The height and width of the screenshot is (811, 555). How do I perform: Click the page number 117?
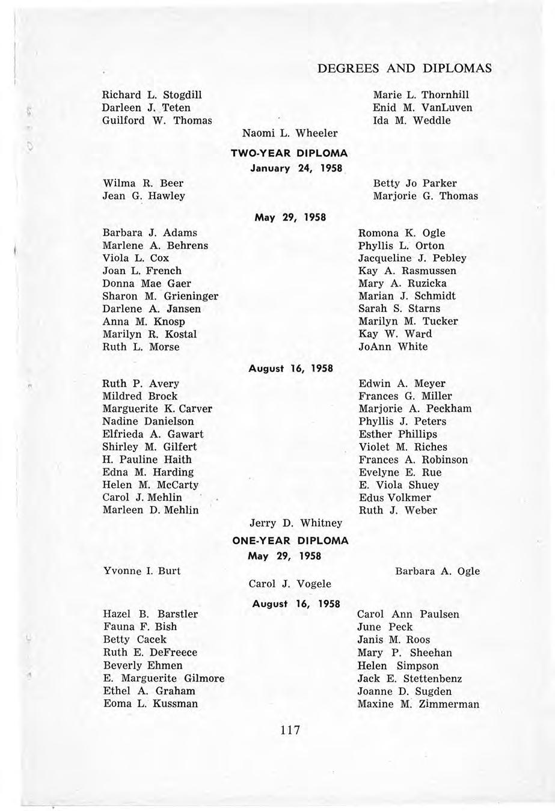[x=289, y=730]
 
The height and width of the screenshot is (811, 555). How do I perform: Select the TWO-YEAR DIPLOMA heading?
[x=289, y=155]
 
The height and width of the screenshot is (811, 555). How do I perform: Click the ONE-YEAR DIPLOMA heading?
[x=290, y=540]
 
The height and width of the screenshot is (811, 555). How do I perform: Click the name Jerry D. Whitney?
[x=295, y=524]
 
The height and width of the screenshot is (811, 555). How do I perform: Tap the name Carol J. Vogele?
[x=290, y=583]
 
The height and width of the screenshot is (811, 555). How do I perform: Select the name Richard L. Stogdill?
[x=152, y=95]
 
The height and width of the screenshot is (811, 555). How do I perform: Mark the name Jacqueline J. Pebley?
[x=412, y=258]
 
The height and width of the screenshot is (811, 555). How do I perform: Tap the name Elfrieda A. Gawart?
[x=153, y=434]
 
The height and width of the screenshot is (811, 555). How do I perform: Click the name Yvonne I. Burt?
[x=143, y=571]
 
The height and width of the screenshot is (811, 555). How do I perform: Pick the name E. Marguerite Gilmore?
[x=164, y=679]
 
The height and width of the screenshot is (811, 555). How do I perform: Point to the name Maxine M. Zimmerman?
[x=418, y=704]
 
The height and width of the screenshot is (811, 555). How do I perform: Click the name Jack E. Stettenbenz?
[x=409, y=679]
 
